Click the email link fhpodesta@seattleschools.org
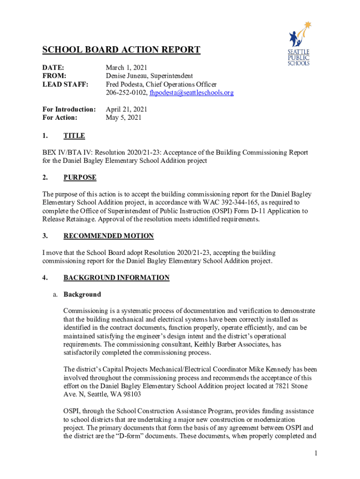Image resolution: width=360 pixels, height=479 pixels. coord(191,93)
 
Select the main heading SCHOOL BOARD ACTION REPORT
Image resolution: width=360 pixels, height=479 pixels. coord(122,50)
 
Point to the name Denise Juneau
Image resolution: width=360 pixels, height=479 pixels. coord(127,76)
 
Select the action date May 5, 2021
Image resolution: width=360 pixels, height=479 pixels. coord(124,118)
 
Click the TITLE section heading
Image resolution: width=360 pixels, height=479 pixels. coord(74,136)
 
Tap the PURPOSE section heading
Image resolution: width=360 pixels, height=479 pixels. coord(80,177)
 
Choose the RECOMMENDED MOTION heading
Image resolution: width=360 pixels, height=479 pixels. coord(108,236)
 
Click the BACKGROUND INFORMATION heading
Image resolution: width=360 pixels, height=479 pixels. coord(116,277)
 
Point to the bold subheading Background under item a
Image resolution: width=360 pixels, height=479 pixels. coord(82,294)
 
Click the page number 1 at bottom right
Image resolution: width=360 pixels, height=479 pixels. coord(316,453)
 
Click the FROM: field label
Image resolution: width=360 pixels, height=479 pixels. coord(54,76)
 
